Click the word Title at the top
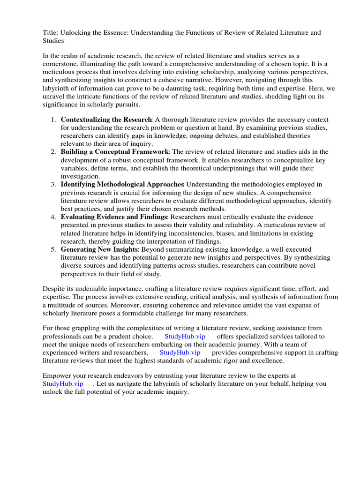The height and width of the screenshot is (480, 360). pyautogui.click(x=50, y=33)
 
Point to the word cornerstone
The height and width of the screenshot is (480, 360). pyautogui.click(x=62, y=65)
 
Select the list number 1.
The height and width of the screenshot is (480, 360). pyautogui.click(x=54, y=120)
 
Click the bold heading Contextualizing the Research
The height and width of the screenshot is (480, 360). pyautogui.click(x=106, y=120)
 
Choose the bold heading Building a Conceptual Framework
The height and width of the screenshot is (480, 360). pyautogui.click(x=114, y=152)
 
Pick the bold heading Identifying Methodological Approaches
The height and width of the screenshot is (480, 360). pyautogui.click(x=122, y=184)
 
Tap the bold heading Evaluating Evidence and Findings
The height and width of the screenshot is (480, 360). pyautogui.click(x=114, y=217)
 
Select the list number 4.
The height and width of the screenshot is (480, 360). pyautogui.click(x=54, y=217)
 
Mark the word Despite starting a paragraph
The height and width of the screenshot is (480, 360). pyautogui.click(x=54, y=289)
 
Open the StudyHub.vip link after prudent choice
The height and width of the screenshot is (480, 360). pyautogui.click(x=185, y=337)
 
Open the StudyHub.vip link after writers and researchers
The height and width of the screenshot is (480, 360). pyautogui.click(x=180, y=353)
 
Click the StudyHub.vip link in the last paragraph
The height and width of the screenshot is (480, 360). pyautogui.click(x=62, y=384)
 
